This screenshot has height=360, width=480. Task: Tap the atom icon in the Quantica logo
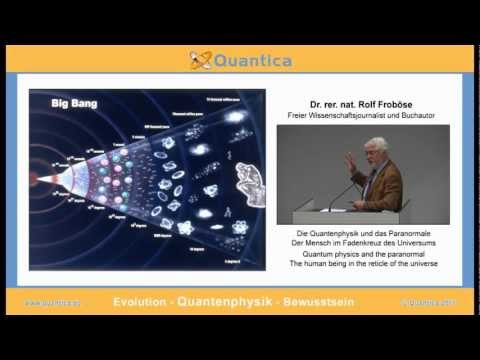pyautogui.click(x=200, y=60)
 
